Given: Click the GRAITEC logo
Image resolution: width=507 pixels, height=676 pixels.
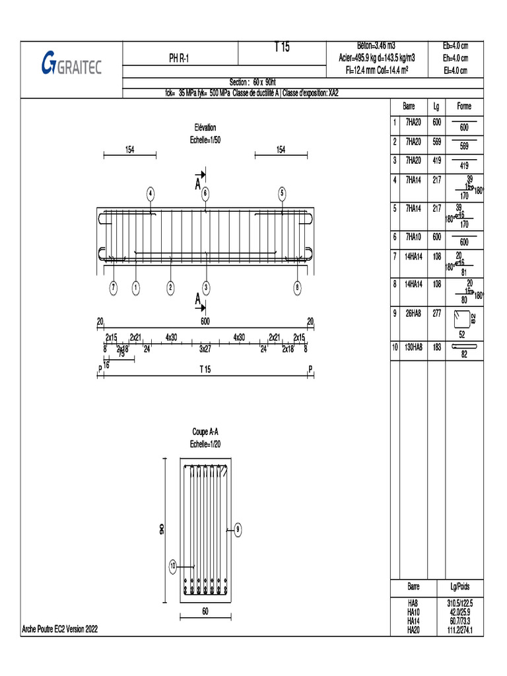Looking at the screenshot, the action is click(x=71, y=64).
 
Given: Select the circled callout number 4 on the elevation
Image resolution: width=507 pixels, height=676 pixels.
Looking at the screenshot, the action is click(x=151, y=193).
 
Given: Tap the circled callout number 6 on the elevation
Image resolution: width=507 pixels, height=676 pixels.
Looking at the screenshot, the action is click(x=205, y=193).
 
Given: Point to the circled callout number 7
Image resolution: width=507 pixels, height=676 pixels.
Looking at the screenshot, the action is click(x=114, y=287).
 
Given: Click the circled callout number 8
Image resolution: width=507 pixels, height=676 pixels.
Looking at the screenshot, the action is click(x=298, y=287).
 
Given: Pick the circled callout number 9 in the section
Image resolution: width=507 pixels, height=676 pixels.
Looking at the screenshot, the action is click(x=238, y=528).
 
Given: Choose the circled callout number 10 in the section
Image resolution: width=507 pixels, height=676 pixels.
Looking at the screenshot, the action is click(x=173, y=566).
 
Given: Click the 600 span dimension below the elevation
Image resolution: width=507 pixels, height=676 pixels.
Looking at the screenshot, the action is click(x=205, y=321).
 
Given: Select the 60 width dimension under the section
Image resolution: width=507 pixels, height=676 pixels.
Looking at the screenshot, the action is click(x=205, y=611).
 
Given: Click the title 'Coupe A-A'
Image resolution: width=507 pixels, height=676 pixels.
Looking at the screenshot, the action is click(x=205, y=432).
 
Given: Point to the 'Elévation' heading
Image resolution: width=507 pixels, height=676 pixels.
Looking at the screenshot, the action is click(x=205, y=127).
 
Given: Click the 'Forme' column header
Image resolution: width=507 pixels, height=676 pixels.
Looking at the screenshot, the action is click(x=464, y=106).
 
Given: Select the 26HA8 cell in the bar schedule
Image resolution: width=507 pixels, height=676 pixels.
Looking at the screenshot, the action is click(x=413, y=314).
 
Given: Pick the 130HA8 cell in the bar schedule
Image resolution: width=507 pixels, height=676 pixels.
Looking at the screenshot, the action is click(x=413, y=347).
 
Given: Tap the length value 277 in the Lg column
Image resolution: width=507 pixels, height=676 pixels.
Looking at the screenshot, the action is click(x=436, y=314).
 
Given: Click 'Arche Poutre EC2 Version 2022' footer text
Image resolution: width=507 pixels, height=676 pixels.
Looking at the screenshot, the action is click(x=60, y=630).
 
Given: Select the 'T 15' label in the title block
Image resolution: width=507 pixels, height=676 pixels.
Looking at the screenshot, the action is click(x=281, y=48).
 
